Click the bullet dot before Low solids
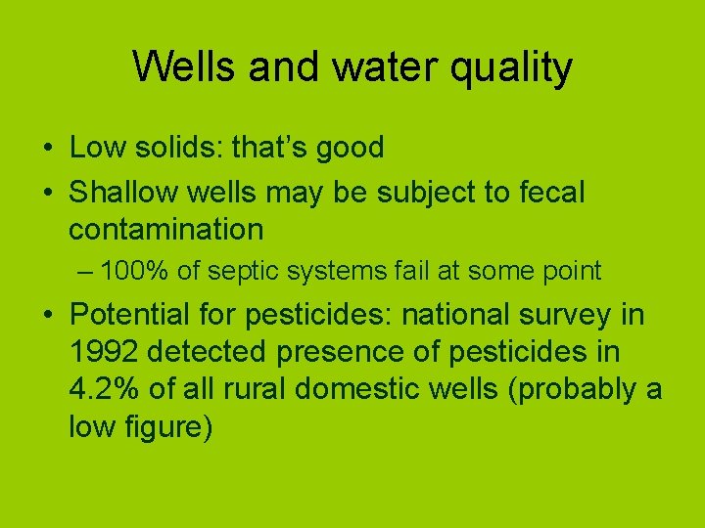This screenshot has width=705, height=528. point(47,149)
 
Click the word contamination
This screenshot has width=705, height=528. point(165,230)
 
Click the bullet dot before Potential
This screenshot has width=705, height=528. point(47,316)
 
